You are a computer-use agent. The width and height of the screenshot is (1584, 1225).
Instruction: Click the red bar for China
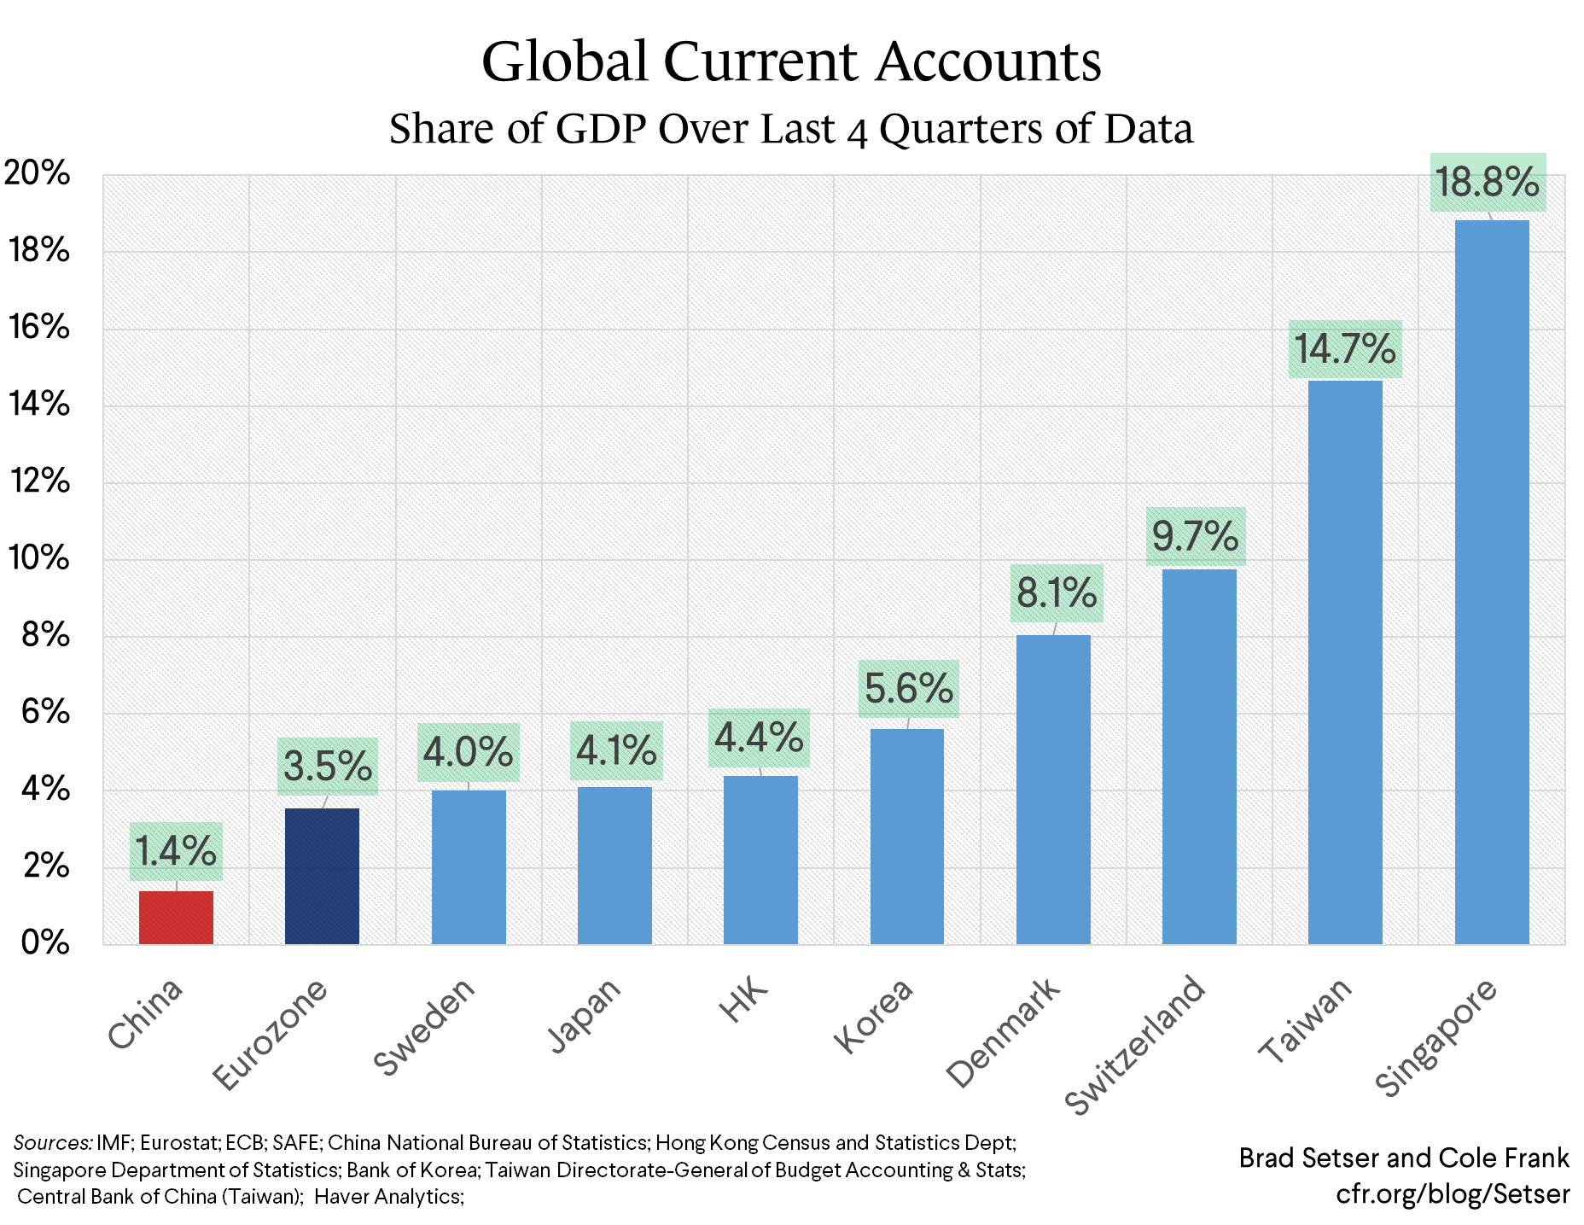click(x=176, y=917)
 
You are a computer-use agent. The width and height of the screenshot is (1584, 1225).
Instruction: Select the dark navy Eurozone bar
click(x=322, y=876)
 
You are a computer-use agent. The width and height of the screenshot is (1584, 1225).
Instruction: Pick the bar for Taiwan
click(x=1345, y=662)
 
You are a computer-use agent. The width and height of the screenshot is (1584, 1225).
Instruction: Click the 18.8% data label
click(x=1487, y=183)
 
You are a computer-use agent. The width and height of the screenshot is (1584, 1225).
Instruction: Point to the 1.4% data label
click(x=176, y=851)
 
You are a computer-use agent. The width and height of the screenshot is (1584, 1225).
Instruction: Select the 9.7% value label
click(x=1195, y=537)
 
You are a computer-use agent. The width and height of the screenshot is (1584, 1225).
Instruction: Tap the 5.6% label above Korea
click(x=908, y=689)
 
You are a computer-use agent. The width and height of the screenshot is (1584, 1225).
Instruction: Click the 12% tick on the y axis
click(x=39, y=481)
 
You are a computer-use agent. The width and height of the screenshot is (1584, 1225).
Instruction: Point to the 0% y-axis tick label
click(x=45, y=942)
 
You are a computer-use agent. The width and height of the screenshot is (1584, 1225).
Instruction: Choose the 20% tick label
click(x=38, y=173)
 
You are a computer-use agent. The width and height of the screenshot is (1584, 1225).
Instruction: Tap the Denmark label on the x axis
click(x=1004, y=1033)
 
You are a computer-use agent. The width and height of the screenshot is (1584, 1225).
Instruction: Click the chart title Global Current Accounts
click(x=791, y=61)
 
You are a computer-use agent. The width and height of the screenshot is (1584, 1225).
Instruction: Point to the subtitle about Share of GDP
click(x=791, y=129)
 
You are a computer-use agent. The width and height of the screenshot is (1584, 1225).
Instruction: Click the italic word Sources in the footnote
click(x=52, y=1143)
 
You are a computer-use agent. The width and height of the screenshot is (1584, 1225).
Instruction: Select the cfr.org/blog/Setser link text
click(x=1453, y=1193)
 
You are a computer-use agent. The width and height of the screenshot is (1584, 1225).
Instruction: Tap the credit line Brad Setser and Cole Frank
click(x=1403, y=1158)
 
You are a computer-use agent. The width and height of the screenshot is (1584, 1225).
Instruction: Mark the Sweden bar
click(x=469, y=866)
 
